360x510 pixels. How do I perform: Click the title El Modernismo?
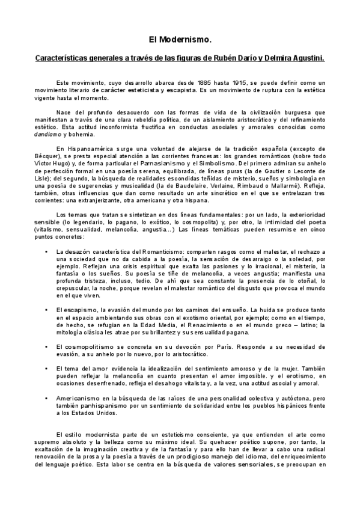[x=180, y=40]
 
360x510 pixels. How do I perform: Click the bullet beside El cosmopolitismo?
[x=46, y=347]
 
